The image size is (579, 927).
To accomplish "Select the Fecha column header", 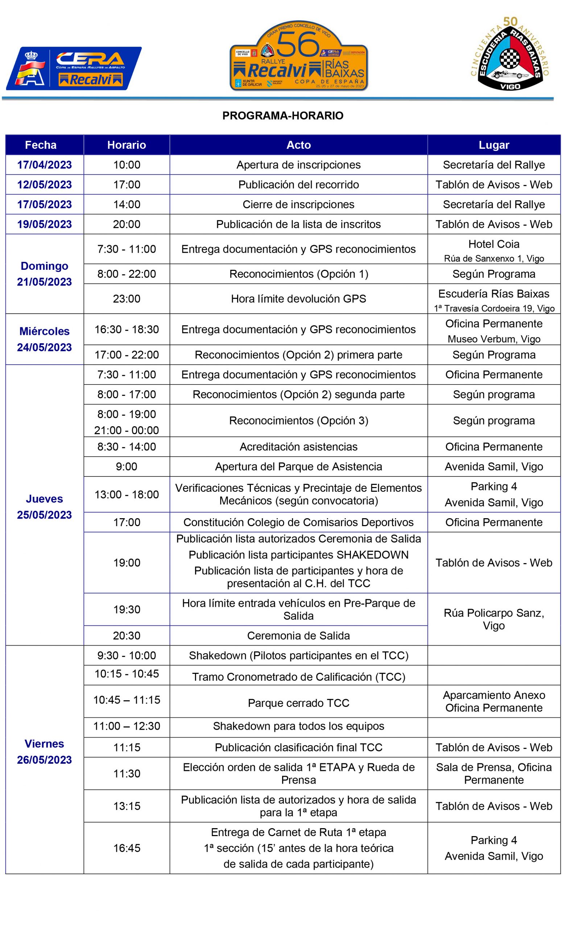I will (41, 145).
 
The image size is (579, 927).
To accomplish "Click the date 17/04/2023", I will (45, 165).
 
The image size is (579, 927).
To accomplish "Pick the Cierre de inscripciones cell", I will (298, 204).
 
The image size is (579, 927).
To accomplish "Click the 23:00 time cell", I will (127, 299).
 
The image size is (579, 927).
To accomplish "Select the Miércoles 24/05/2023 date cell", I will (45, 339).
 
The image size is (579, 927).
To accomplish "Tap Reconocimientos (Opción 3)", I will (298, 421).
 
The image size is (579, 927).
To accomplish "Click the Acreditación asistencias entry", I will (298, 447).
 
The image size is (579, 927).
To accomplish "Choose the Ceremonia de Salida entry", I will (298, 636).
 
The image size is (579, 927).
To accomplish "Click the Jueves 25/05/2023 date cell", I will (45, 507).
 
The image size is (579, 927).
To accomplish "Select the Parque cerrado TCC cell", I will (298, 703).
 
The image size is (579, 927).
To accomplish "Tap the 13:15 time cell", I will (127, 806).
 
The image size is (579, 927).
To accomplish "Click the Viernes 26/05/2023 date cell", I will (45, 751).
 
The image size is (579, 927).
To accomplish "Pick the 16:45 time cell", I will (127, 848).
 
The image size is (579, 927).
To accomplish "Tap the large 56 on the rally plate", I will (298, 44).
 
